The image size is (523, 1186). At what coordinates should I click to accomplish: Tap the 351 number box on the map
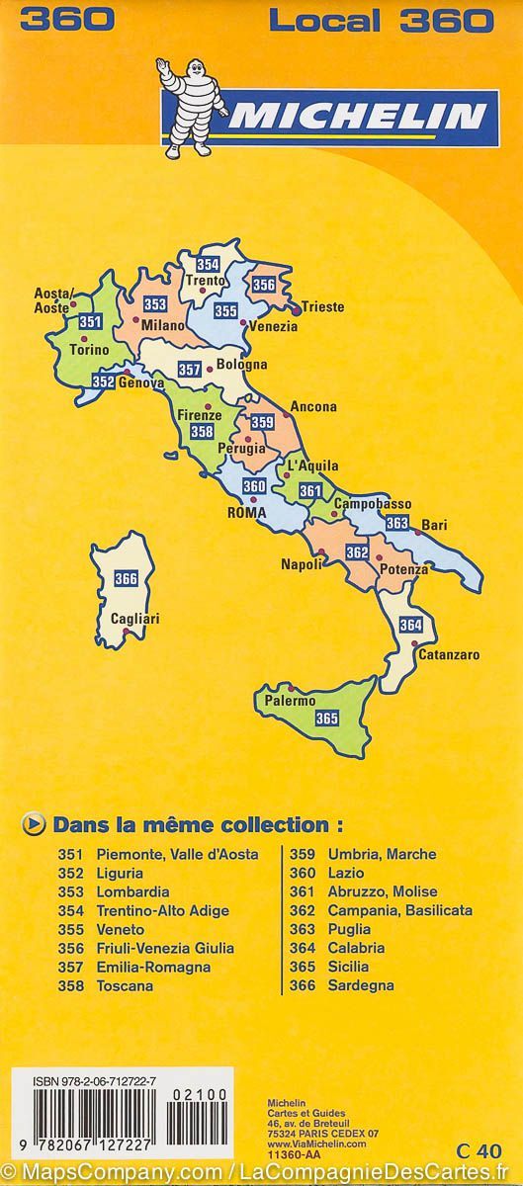point(91,321)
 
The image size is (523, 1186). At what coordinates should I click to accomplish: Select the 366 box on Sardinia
point(126,579)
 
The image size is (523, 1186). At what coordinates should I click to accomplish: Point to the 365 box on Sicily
point(327,719)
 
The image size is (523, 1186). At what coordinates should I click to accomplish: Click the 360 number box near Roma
point(254,486)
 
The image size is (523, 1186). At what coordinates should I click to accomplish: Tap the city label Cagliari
point(135,619)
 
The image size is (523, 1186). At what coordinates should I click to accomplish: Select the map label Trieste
point(323,307)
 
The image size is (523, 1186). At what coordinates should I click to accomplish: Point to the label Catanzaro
point(449,654)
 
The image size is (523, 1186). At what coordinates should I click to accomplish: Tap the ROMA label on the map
point(247,513)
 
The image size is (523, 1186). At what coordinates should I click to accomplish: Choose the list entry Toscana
point(125,985)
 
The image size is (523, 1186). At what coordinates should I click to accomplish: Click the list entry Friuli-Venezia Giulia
point(165,948)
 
